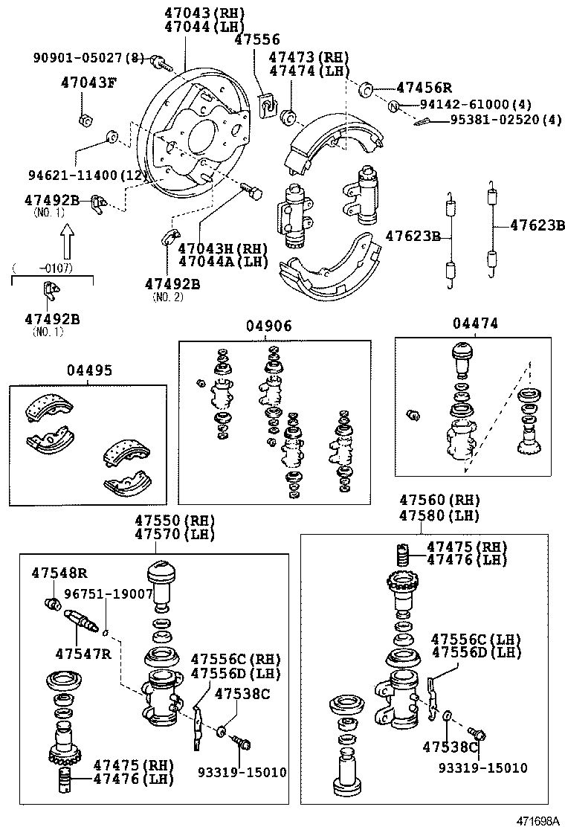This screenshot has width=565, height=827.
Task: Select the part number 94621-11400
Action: point(74,176)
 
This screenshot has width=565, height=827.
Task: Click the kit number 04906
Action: point(269,326)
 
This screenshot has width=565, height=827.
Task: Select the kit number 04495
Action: point(88,370)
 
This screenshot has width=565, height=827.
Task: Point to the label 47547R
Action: point(83,653)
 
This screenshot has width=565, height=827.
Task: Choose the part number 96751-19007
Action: point(109,594)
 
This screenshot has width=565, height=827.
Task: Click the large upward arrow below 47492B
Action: point(68,242)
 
